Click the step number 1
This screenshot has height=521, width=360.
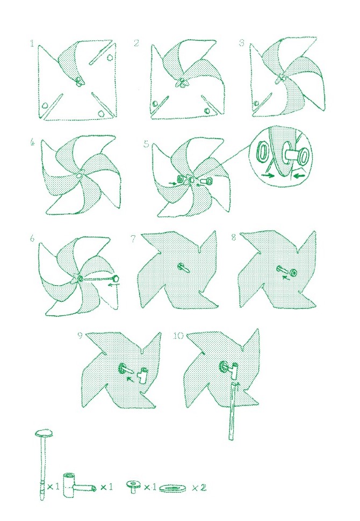(32, 44)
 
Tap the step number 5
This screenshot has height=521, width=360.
(147, 144)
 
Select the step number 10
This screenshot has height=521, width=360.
(178, 336)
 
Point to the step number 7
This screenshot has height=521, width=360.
(133, 238)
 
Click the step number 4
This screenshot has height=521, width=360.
(32, 142)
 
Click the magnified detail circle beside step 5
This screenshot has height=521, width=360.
(281, 156)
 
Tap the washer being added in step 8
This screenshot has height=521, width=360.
(293, 273)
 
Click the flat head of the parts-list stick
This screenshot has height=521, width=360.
(44, 433)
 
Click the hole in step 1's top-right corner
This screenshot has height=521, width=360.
(110, 57)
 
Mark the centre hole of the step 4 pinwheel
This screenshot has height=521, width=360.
(79, 175)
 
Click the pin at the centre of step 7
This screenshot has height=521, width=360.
(183, 267)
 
